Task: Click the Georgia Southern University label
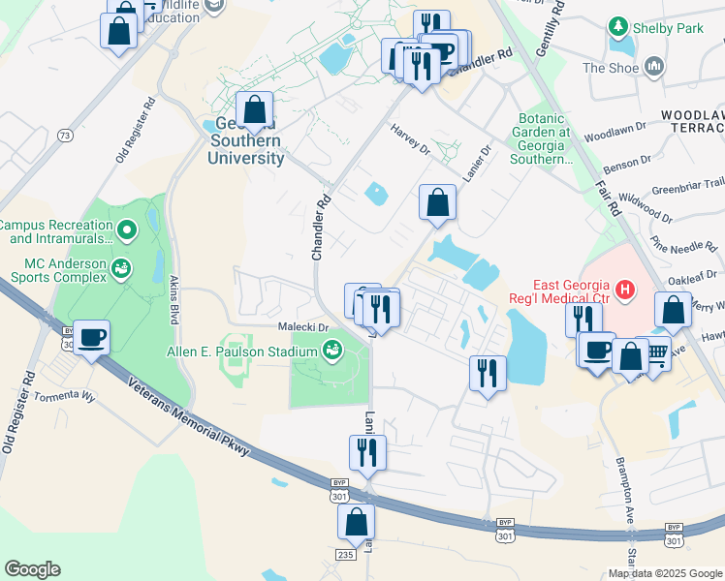point(245,141)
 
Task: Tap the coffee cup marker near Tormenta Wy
point(92,338)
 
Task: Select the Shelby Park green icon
point(617,28)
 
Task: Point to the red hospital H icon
point(625,289)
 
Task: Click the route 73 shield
point(64,135)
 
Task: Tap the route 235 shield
point(347,554)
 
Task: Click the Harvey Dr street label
point(410,138)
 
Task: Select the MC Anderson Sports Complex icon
point(121,268)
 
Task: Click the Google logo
point(32,569)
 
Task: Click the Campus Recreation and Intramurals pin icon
point(127,230)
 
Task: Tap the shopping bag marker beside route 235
point(356,522)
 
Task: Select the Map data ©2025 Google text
point(665,572)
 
